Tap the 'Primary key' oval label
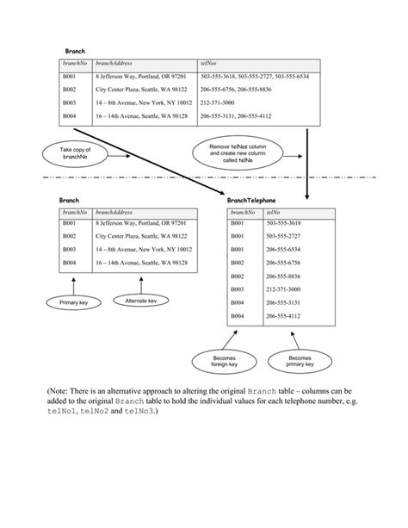click(x=74, y=303)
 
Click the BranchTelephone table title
click(x=252, y=200)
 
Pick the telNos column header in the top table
click(x=209, y=64)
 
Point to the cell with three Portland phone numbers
click(x=254, y=77)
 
